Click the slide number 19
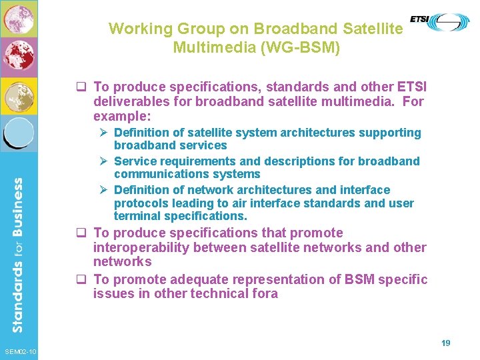pos(446,343)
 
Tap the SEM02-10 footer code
pos(19,352)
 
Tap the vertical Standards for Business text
pos(19,253)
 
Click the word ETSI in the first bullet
pos(411,87)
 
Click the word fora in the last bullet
pos(263,294)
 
